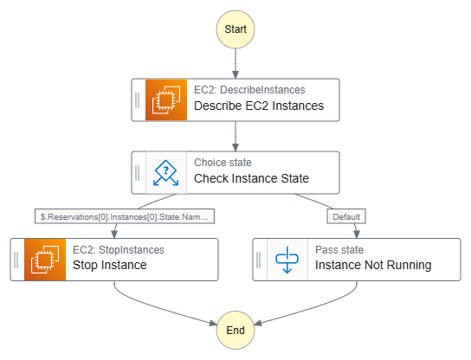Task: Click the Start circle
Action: click(235, 29)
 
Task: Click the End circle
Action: click(235, 330)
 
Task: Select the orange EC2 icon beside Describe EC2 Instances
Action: click(166, 100)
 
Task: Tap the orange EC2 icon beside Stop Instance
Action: click(45, 260)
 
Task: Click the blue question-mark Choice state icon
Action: click(166, 172)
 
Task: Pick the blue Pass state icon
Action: click(287, 260)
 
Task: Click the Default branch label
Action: click(346, 216)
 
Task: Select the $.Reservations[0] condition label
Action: click(125, 216)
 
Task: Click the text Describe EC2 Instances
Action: click(259, 106)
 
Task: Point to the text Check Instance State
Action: click(251, 178)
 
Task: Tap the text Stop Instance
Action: click(110, 265)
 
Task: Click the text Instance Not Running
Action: click(373, 265)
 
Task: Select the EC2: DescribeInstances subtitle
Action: click(249, 90)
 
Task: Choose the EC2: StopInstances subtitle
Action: click(119, 250)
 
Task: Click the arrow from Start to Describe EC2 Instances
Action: click(235, 64)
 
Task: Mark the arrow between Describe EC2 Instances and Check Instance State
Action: click(235, 137)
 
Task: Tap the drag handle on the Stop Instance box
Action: click(16, 260)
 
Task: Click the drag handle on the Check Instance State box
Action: click(138, 172)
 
